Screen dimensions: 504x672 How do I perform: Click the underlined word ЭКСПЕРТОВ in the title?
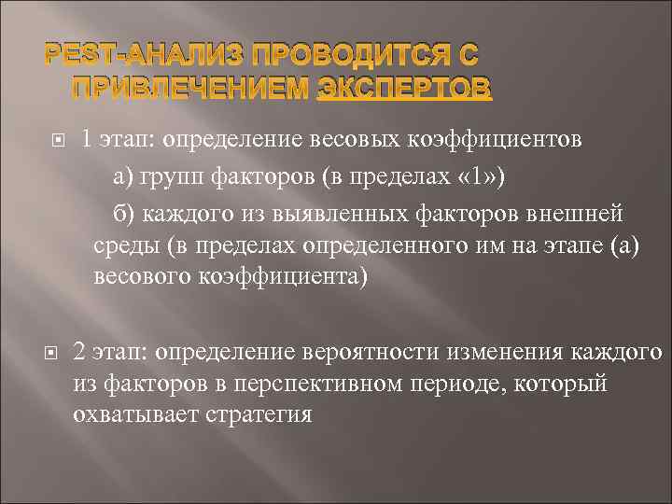403,88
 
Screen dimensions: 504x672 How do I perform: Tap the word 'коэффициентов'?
497,140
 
